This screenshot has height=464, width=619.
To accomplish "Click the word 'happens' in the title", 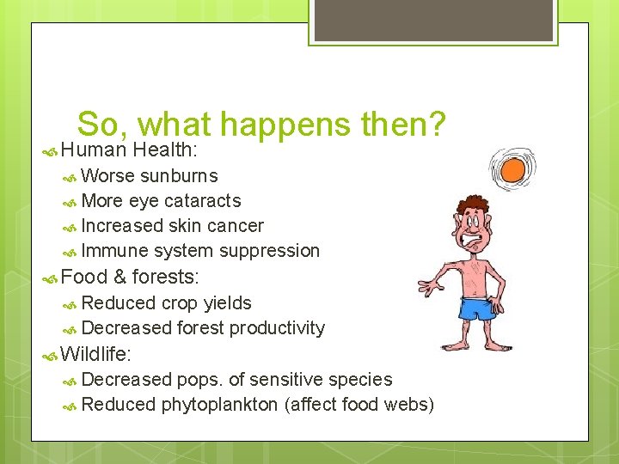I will (x=285, y=127).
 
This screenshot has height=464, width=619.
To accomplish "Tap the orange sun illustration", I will (x=512, y=168).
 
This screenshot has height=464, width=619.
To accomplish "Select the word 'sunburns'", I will (x=179, y=176).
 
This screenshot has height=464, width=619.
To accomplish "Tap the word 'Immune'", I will (x=114, y=251).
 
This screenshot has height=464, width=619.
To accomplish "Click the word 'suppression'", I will (x=270, y=251).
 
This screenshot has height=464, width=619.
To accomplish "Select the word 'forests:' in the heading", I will (x=166, y=277).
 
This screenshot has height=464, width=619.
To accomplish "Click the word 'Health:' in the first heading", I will (x=166, y=150).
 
